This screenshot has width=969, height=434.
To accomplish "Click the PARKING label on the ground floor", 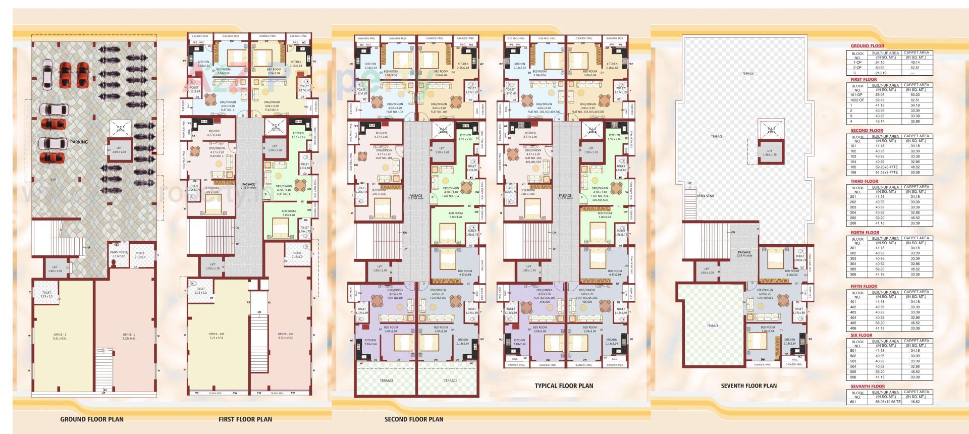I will coord(79,142).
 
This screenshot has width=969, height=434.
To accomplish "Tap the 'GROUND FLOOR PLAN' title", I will coord(92,419).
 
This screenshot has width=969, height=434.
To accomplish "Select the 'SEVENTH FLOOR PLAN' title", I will coord(748,386).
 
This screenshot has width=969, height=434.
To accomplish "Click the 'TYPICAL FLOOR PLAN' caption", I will coord(564,386).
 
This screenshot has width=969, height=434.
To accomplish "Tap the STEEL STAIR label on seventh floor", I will coord(706,196).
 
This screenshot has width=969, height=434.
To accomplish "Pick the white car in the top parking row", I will coord(47,71).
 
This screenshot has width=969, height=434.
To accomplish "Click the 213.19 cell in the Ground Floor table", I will coord(881,73).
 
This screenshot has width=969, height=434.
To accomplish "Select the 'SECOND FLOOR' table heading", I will coord(867,130).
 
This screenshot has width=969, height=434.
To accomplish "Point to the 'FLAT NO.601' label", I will coord(765,298).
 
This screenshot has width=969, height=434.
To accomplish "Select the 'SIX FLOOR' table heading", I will coord(862,335).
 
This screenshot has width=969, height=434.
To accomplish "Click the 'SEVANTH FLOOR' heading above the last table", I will coord(868,387).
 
